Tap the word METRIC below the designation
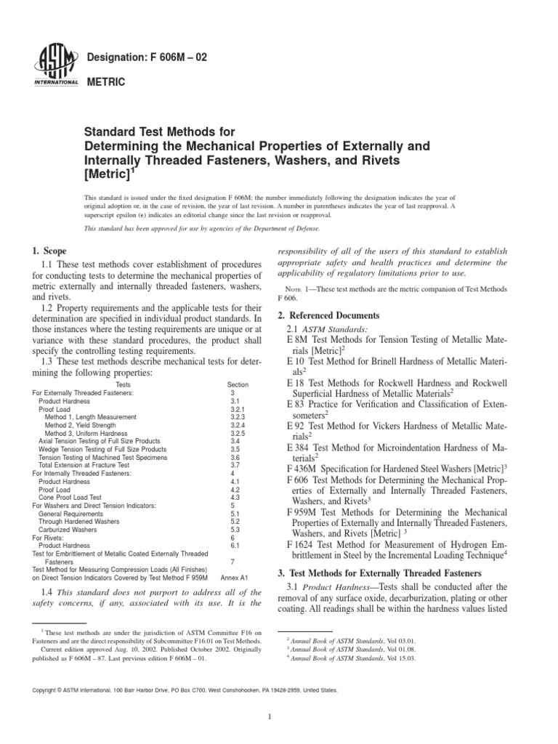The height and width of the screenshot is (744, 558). pyautogui.click(x=106, y=83)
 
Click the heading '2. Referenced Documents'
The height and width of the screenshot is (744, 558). pyautogui.click(x=329, y=315)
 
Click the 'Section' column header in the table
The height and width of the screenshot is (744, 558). pyautogui.click(x=237, y=384)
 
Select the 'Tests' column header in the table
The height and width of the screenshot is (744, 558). pyautogui.click(x=127, y=384)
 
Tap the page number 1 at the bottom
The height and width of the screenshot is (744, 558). pyautogui.click(x=269, y=717)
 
